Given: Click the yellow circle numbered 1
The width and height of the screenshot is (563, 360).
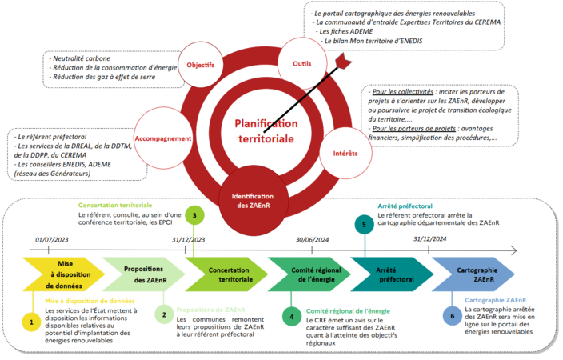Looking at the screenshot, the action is [31, 322].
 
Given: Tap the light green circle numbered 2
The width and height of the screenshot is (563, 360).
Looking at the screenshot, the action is [164, 314].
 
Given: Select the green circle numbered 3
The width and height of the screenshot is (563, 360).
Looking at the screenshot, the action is [194, 215].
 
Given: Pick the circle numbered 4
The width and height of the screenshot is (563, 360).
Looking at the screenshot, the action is [292, 317].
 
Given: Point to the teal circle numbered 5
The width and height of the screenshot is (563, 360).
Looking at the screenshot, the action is [364, 225].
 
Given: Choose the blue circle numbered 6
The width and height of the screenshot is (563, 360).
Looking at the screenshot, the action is [453, 316].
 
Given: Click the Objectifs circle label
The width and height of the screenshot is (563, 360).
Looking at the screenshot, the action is [201, 65].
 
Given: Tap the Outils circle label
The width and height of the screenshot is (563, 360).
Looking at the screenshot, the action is [302, 63].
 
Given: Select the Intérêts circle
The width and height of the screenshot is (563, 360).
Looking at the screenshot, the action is [345, 153].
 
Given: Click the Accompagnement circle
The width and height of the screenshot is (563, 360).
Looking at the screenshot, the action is [163, 138].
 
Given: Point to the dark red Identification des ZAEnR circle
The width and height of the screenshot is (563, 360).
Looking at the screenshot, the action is [253, 201].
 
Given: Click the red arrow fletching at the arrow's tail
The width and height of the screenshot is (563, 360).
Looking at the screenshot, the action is [344, 60].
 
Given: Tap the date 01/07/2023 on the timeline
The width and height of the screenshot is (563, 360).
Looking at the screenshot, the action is [52, 240].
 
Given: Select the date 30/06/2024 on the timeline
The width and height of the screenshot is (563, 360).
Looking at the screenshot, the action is [313, 240].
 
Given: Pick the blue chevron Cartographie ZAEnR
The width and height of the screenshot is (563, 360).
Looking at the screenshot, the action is [473, 274].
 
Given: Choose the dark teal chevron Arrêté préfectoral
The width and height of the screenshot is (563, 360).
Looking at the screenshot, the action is [392, 274].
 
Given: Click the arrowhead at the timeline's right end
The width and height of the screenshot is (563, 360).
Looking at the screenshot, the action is [513, 250].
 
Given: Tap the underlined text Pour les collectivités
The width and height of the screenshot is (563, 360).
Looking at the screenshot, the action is [402, 92].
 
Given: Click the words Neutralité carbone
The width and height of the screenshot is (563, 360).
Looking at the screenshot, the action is [82, 58].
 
